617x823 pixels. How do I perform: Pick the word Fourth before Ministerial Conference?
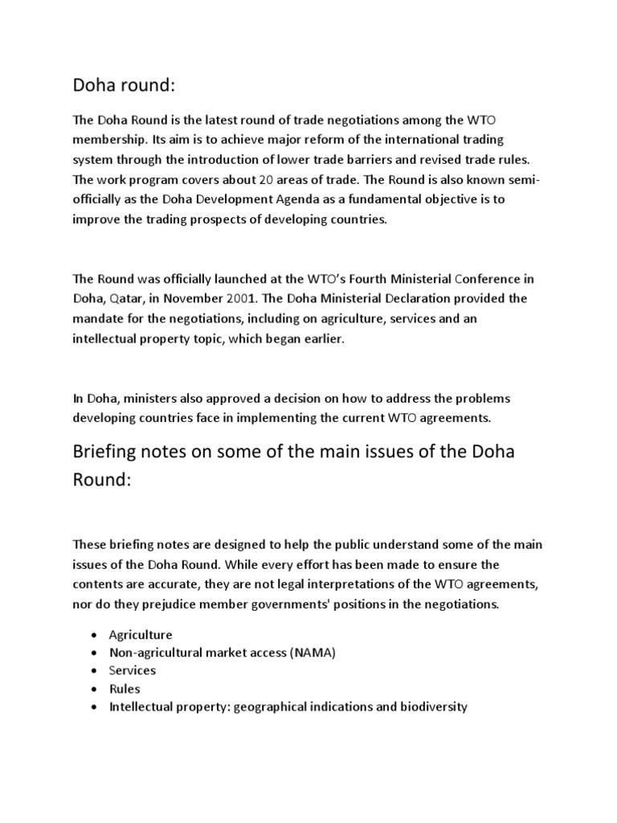339,279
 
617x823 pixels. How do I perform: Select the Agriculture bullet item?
141,635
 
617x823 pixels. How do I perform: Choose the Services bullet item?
133,670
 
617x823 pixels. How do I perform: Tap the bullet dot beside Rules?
96,689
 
